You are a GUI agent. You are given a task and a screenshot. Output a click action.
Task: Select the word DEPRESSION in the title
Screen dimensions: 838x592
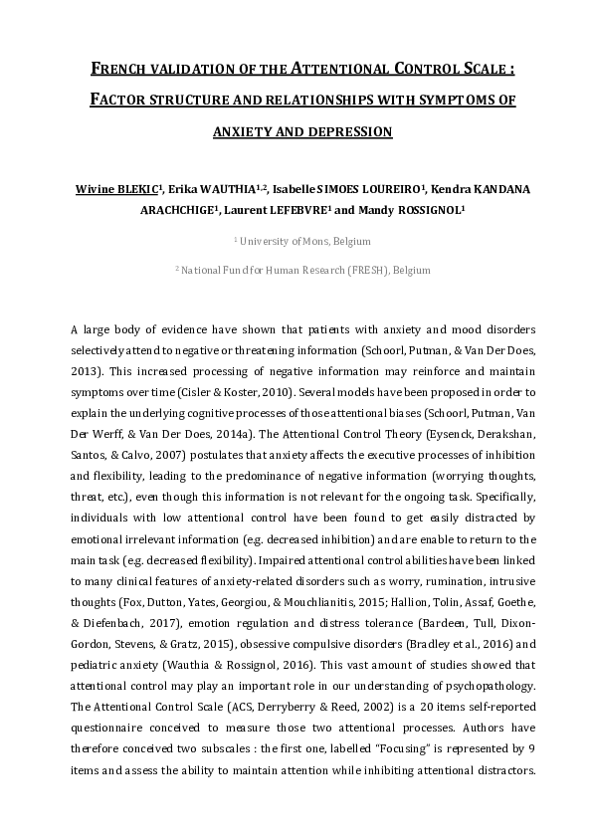(348, 131)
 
